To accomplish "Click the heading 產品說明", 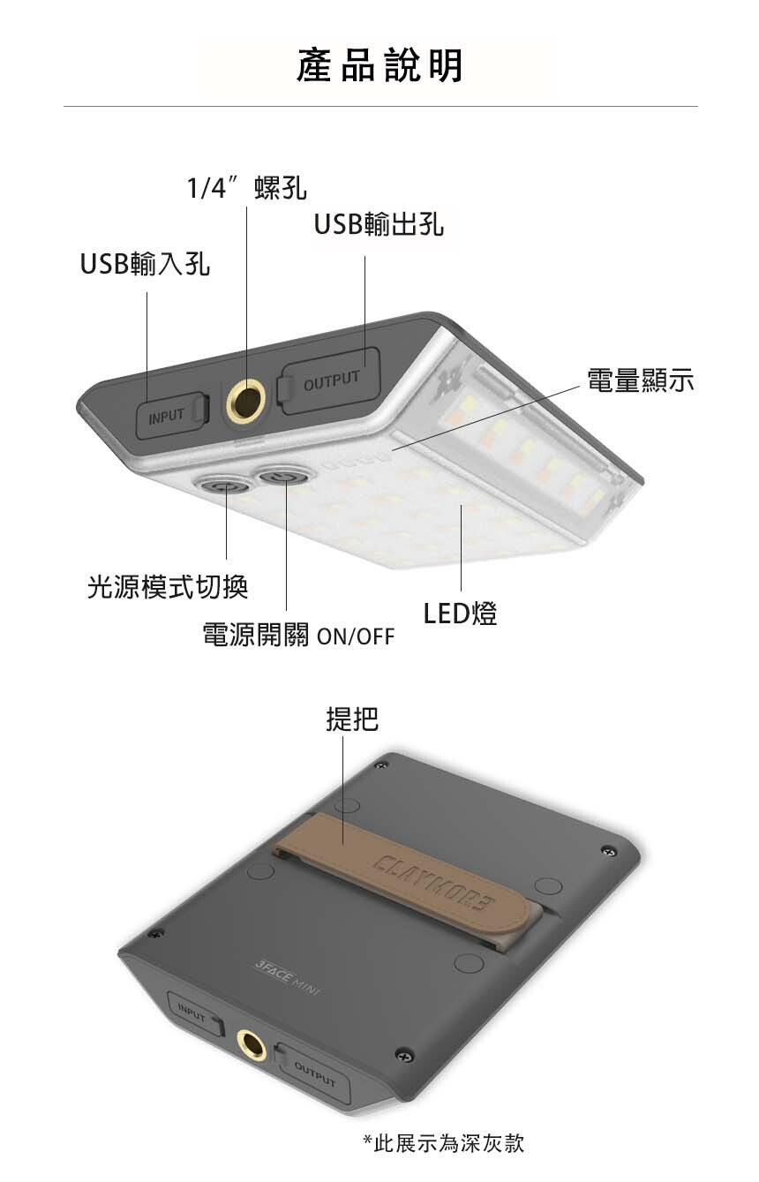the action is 379,66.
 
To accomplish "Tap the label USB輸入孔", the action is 145,264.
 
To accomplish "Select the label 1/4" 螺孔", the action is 247,188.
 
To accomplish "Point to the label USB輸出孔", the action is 379,225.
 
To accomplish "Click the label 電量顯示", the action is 641,380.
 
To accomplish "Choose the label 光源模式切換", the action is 168,585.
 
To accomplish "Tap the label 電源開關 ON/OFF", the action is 298,636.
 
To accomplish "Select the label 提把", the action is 352,719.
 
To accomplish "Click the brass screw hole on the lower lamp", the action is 252,1047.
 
